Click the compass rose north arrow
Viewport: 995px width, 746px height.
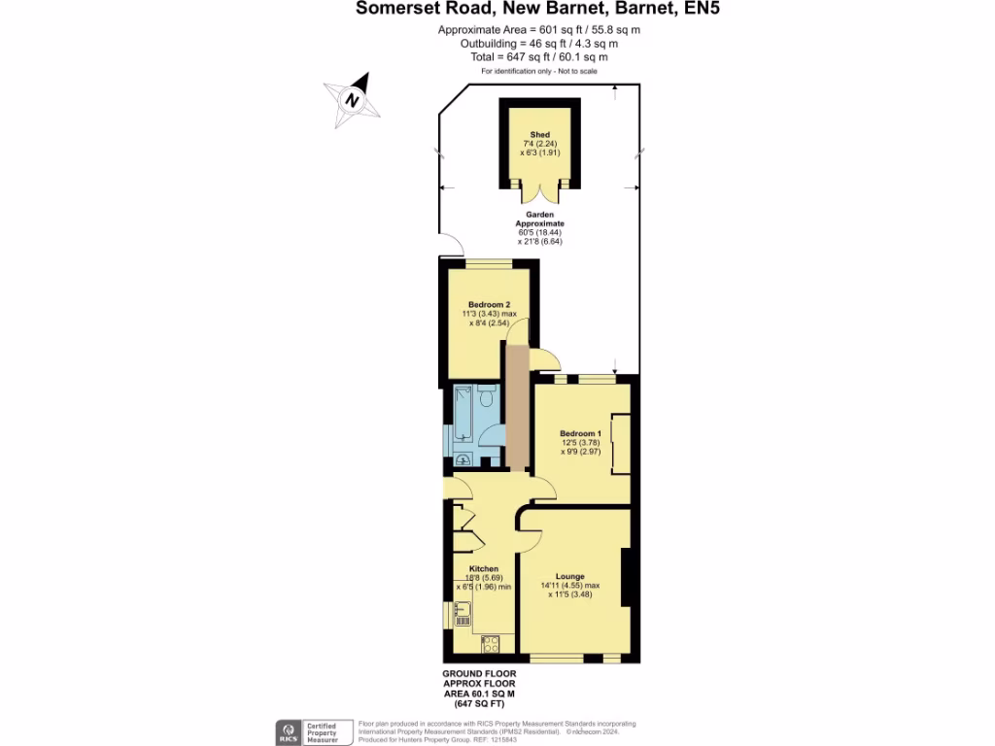pos(352,100)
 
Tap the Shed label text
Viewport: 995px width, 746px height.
pos(539,134)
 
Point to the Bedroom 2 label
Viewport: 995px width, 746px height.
pos(489,305)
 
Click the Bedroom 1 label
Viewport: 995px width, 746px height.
pos(581,433)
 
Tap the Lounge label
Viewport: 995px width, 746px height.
pos(569,576)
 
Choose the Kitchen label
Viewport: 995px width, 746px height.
pos(484,568)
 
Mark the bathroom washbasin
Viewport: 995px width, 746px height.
pos(463,459)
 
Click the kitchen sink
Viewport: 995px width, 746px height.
pos(463,613)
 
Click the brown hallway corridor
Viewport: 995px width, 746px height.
pos(517,408)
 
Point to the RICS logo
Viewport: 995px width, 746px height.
pos(290,730)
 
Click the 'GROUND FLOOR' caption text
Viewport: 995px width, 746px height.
pos(479,673)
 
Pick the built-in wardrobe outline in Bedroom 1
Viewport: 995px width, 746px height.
pos(616,446)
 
